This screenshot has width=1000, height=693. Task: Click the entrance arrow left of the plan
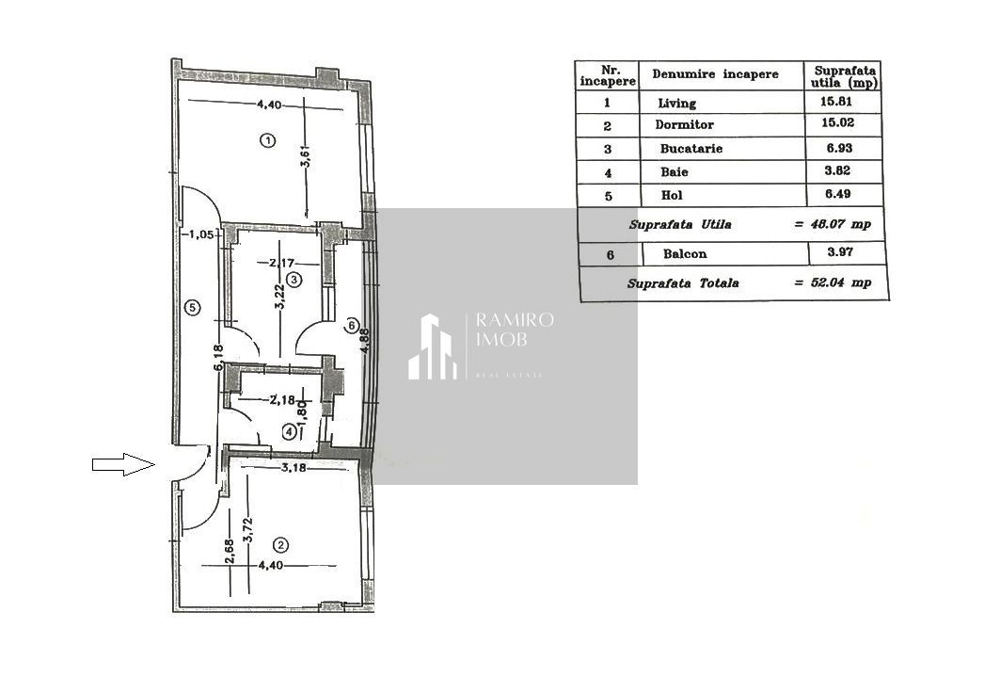coord(122,463)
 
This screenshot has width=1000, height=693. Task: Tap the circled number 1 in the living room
coord(267,141)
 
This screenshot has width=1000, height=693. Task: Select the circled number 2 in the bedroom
coord(279,545)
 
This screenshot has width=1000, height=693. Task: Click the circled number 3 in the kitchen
coord(294,280)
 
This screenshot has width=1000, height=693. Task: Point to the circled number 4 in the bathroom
coord(289,431)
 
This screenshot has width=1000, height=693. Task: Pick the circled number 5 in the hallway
coord(192,307)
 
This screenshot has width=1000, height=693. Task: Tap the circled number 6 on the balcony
coord(352,326)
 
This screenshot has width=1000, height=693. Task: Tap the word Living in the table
coord(677,104)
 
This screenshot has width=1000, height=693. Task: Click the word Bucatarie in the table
coord(691,149)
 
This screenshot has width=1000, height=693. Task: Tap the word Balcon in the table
coord(685,253)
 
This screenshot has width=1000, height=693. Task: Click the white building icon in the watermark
coord(432,347)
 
